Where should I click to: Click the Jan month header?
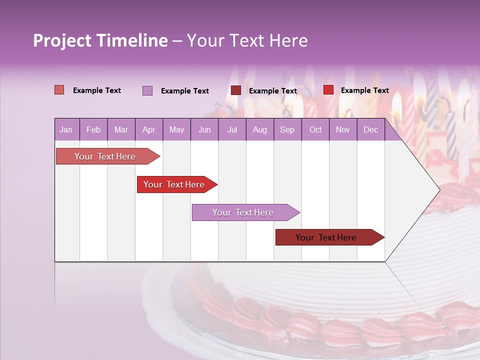pyautogui.click(x=66, y=130)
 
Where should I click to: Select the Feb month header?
pyautogui.click(x=93, y=130)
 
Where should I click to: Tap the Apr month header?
pyautogui.click(x=149, y=130)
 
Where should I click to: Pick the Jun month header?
pyautogui.click(x=204, y=130)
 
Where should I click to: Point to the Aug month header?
pyautogui.click(x=260, y=130)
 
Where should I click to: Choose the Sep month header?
pyautogui.click(x=287, y=130)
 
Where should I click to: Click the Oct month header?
pyautogui.click(x=315, y=130)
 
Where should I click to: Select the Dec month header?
pyautogui.click(x=371, y=130)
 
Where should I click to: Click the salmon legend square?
pyautogui.click(x=59, y=90)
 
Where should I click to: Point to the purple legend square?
pyautogui.click(x=147, y=90)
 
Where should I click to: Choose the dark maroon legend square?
pyautogui.click(x=236, y=90)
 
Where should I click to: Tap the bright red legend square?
pyautogui.click(x=328, y=90)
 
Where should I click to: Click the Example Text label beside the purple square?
pyautogui.click(x=185, y=91)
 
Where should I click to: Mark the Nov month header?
pyautogui.click(x=343, y=130)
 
